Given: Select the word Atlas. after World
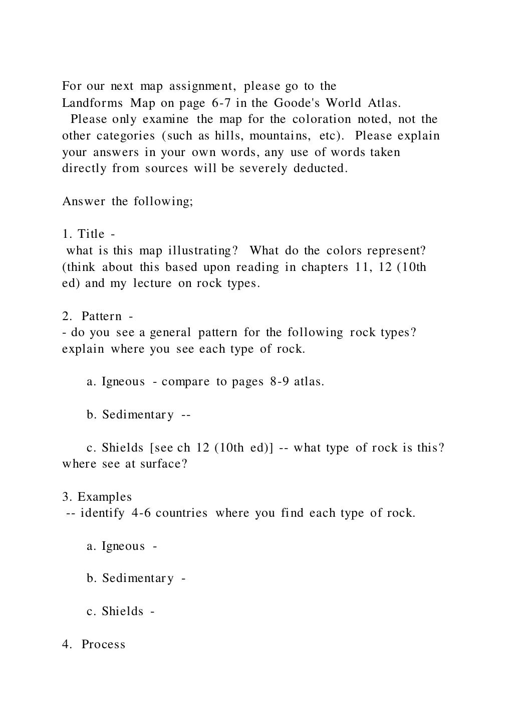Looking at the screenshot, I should click(384, 103).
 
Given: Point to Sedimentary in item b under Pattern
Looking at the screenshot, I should click(138, 415).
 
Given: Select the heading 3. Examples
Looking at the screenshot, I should click(97, 497).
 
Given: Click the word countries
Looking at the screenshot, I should click(181, 513).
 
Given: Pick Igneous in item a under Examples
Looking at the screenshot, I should click(123, 546).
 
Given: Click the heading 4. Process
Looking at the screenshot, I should click(94, 645).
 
